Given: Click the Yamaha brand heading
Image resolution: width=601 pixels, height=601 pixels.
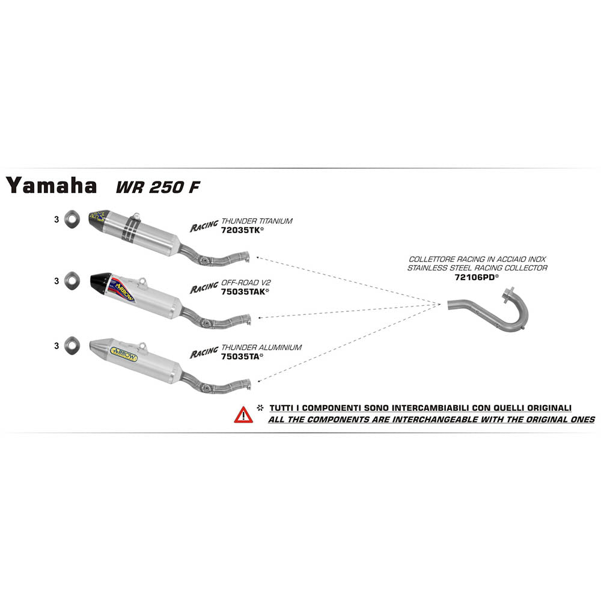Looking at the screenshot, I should (52, 186).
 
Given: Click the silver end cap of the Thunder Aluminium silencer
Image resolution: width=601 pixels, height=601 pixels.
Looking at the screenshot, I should (99, 347).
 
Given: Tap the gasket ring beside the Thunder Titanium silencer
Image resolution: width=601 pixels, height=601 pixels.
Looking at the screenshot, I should (70, 219).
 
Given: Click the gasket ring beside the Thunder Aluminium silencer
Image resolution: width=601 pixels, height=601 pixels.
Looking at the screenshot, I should (70, 346).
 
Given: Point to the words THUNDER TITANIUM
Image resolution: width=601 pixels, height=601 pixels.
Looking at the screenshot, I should (257, 221).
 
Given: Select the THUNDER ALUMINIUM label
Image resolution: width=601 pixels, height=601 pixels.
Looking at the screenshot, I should (261, 347).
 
